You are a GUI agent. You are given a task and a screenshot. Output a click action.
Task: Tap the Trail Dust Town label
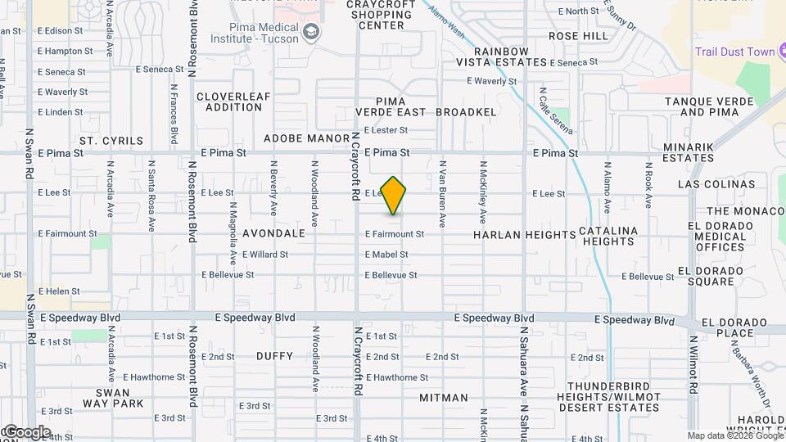coord(734,52)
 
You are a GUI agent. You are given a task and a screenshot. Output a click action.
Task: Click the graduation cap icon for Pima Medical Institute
coord(310,32)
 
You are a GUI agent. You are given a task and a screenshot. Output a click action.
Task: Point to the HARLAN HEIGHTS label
coord(525,235)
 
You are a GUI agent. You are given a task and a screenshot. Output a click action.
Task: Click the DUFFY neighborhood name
coord(274,356)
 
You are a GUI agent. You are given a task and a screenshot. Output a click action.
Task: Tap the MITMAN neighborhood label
coord(444,398)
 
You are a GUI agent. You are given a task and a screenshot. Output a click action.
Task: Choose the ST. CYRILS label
coord(111,141)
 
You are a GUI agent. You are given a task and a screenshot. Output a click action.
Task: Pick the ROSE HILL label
coord(579,37)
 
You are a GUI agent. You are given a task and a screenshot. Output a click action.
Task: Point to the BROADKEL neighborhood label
coord(467,111)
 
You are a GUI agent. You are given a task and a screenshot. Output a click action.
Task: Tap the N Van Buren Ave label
coord(442,197)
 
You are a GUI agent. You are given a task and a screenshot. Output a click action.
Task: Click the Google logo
coord(26,432)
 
